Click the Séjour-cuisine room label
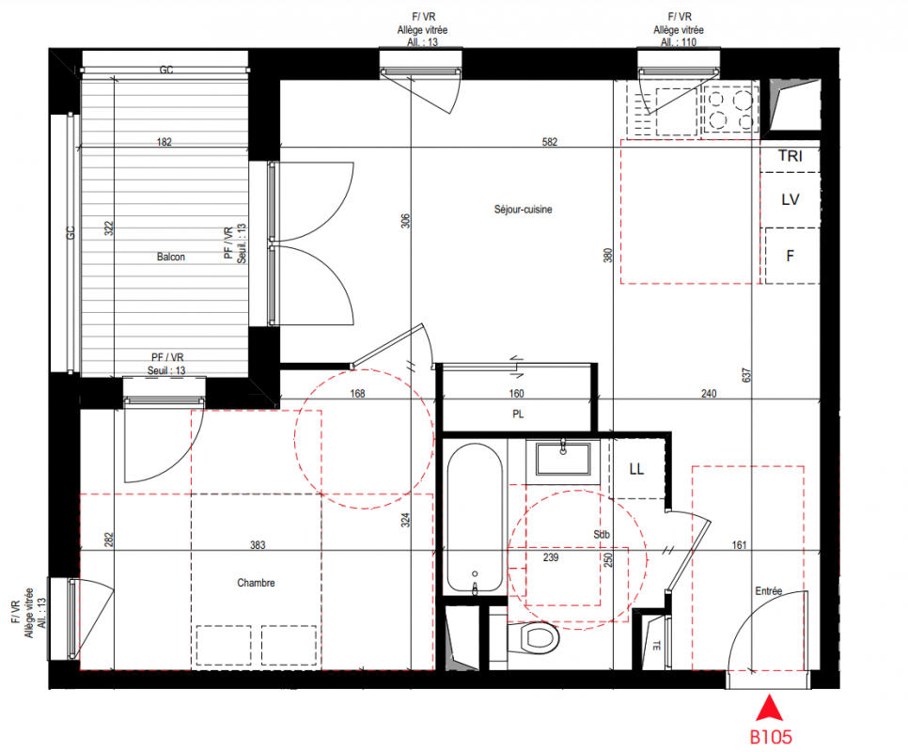coord(523,210)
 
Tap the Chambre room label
coord(256,583)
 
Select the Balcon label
coord(171,257)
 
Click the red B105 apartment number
coord(771,737)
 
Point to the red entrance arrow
coord(770,708)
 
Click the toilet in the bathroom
coord(533,638)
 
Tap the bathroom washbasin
coord(563,459)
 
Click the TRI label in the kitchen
coord(791,156)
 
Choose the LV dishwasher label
coord(791,199)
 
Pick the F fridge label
coord(790,256)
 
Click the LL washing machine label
coord(636,469)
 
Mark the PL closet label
coord(518,415)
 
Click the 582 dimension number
coord(550,142)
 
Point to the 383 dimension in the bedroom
coord(258,545)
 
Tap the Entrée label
coord(769,591)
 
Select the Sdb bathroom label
coord(602,534)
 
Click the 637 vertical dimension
coord(746,375)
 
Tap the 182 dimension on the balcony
coord(164,142)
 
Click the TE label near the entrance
coord(657,645)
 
